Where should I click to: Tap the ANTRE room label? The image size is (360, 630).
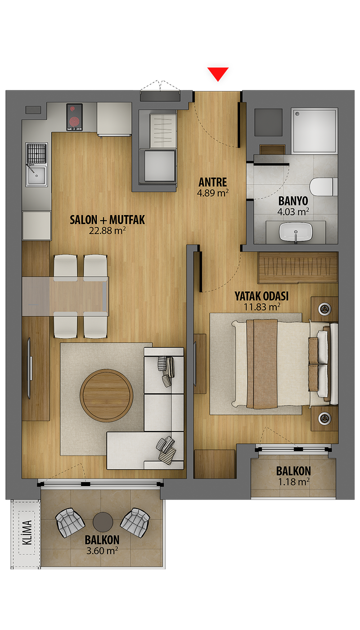click(212, 182)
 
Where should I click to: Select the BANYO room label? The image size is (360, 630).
click(293, 201)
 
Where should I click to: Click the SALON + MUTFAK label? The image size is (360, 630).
click(108, 220)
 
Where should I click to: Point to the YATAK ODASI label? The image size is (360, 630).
click(261, 296)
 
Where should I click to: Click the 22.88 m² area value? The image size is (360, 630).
click(108, 230)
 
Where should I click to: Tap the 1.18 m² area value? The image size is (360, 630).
click(293, 482)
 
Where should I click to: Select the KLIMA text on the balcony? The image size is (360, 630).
click(27, 532)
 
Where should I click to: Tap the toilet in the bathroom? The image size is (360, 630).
click(324, 187)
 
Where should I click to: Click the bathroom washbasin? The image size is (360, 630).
click(296, 232)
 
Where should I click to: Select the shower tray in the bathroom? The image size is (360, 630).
click(314, 130)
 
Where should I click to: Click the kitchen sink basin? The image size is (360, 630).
click(36, 176)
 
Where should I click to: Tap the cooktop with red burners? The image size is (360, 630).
click(75, 117)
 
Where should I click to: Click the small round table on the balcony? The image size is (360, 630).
click(103, 522)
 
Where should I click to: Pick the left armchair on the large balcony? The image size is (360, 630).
click(70, 522)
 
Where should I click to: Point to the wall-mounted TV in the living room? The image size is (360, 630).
click(29, 368)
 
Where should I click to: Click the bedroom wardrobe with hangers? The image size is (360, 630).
click(298, 267)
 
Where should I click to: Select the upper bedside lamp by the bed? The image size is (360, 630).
click(324, 309)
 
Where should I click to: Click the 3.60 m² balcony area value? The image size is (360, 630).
click(102, 550)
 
